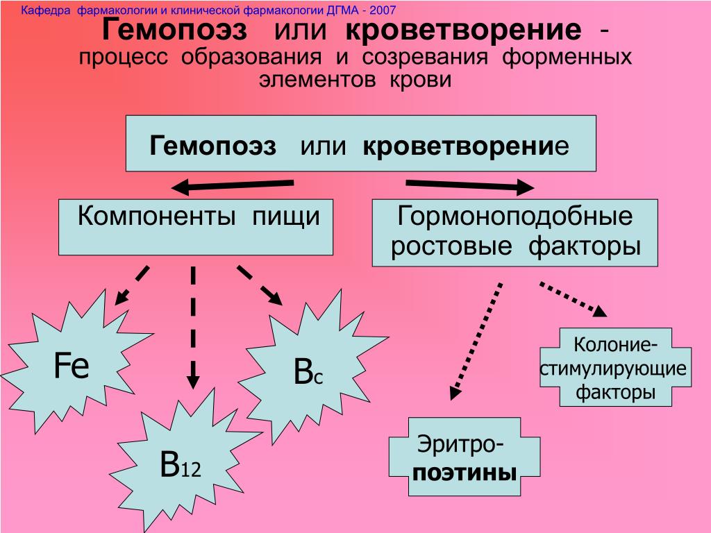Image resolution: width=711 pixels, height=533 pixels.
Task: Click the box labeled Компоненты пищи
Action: coord(196,227)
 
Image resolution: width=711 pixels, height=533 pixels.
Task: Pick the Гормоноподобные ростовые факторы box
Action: coord(515,233)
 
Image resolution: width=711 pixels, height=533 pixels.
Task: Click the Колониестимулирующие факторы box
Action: coord(614,368)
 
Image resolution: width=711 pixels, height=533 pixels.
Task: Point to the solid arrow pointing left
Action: coord(233,185)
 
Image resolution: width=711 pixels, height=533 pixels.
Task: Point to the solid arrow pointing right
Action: coord(469,185)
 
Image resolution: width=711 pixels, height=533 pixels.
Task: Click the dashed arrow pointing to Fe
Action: coord(132,285)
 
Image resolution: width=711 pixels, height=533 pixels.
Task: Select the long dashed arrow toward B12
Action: coord(193,326)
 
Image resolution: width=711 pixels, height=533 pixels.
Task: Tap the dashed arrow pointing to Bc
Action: coord(260,285)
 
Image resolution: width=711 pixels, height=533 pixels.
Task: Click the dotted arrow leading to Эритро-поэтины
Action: coord(476,340)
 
